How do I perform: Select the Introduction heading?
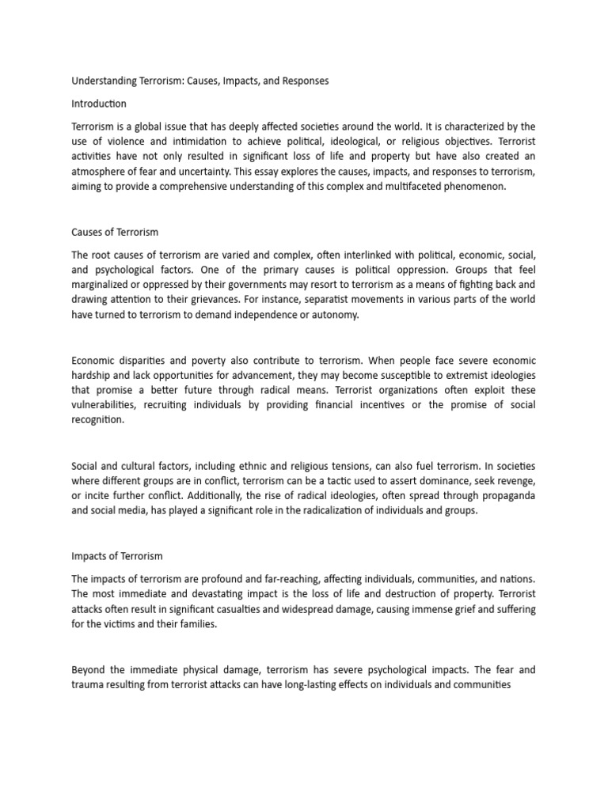[x=99, y=104]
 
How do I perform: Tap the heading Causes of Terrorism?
[x=115, y=232]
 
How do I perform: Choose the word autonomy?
[x=336, y=315]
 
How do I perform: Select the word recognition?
[x=99, y=420]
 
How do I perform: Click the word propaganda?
[x=504, y=495]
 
